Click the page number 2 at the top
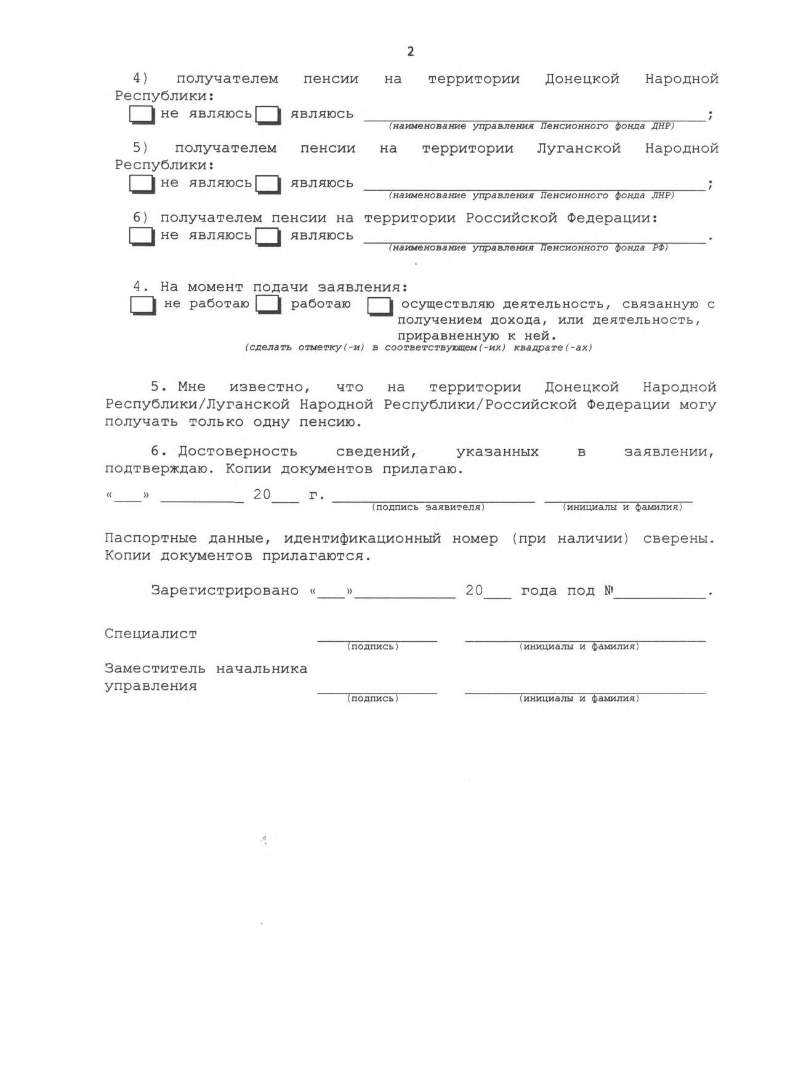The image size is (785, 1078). pyautogui.click(x=411, y=52)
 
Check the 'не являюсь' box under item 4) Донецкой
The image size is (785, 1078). pyautogui.click(x=141, y=114)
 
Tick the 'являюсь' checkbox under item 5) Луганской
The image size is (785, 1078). pyautogui.click(x=268, y=184)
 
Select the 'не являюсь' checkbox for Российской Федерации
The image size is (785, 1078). pyautogui.click(x=141, y=236)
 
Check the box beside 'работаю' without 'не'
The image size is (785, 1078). pyautogui.click(x=268, y=305)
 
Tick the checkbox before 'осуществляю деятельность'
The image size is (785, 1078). pyautogui.click(x=379, y=306)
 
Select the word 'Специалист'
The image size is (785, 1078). pyautogui.click(x=151, y=634)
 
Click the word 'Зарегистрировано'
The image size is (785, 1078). pyautogui.click(x=225, y=591)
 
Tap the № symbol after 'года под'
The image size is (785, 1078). pyautogui.click(x=609, y=591)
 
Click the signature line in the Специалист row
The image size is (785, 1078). pyautogui.click(x=377, y=640)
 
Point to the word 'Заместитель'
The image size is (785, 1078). pyautogui.click(x=155, y=669)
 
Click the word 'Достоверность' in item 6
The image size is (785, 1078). pyautogui.click(x=238, y=452)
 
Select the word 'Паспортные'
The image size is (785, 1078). pyautogui.click(x=151, y=538)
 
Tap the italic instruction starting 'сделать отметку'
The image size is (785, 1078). pyautogui.click(x=419, y=348)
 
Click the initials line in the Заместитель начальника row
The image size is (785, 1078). pyautogui.click(x=585, y=692)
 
